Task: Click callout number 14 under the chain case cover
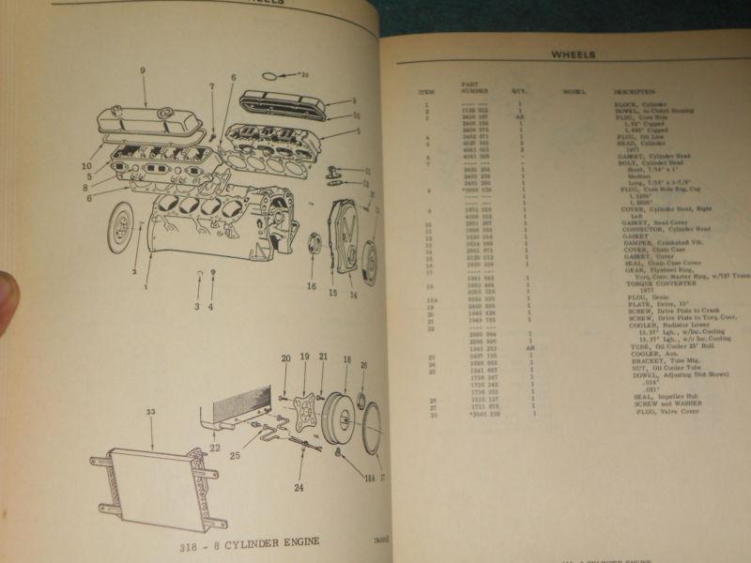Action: coord(354,295)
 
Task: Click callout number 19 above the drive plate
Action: coord(305,358)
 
